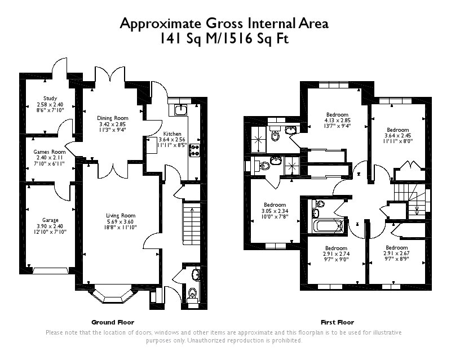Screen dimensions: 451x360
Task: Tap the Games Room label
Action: [50, 152]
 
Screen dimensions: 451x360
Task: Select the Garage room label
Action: [50, 220]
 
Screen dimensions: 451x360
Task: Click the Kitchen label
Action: [172, 134]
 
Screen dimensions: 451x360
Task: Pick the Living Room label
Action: [121, 215]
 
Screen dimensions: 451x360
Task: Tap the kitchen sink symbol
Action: [181, 109]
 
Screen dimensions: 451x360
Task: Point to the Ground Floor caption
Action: [113, 322]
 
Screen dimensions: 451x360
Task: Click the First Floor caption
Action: [337, 322]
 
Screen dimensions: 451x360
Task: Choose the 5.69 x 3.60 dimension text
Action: [121, 221]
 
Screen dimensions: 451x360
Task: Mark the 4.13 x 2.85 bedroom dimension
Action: [337, 121]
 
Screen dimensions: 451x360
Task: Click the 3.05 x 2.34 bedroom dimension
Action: [275, 211]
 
